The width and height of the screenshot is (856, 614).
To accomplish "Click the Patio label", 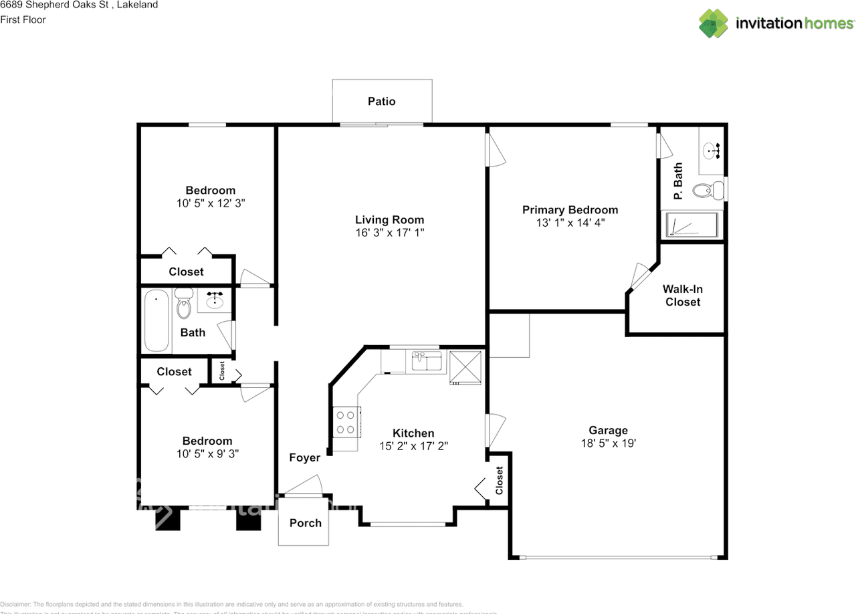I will (381, 102).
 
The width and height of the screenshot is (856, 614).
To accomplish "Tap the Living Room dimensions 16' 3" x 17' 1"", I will (389, 233).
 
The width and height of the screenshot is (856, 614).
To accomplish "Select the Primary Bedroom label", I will (570, 209).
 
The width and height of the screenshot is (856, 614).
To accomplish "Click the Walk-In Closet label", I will (682, 296).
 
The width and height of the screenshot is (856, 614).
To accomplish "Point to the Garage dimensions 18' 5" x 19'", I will (608, 443).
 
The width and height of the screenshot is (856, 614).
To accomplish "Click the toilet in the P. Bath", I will (707, 191).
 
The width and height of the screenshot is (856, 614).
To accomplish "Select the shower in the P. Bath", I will (692, 225).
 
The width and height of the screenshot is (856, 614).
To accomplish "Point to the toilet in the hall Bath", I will (184, 305).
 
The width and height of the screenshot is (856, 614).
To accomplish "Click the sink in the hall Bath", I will (215, 301).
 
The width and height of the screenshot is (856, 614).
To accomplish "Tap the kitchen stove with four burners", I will (346, 423).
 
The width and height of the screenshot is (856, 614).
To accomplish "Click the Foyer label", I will (304, 457).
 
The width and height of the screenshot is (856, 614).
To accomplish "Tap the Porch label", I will (305, 523).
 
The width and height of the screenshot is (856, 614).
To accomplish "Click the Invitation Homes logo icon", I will (714, 23).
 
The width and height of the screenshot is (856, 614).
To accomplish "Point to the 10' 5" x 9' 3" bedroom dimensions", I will (207, 453).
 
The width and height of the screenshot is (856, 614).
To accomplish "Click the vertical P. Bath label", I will (677, 181).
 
